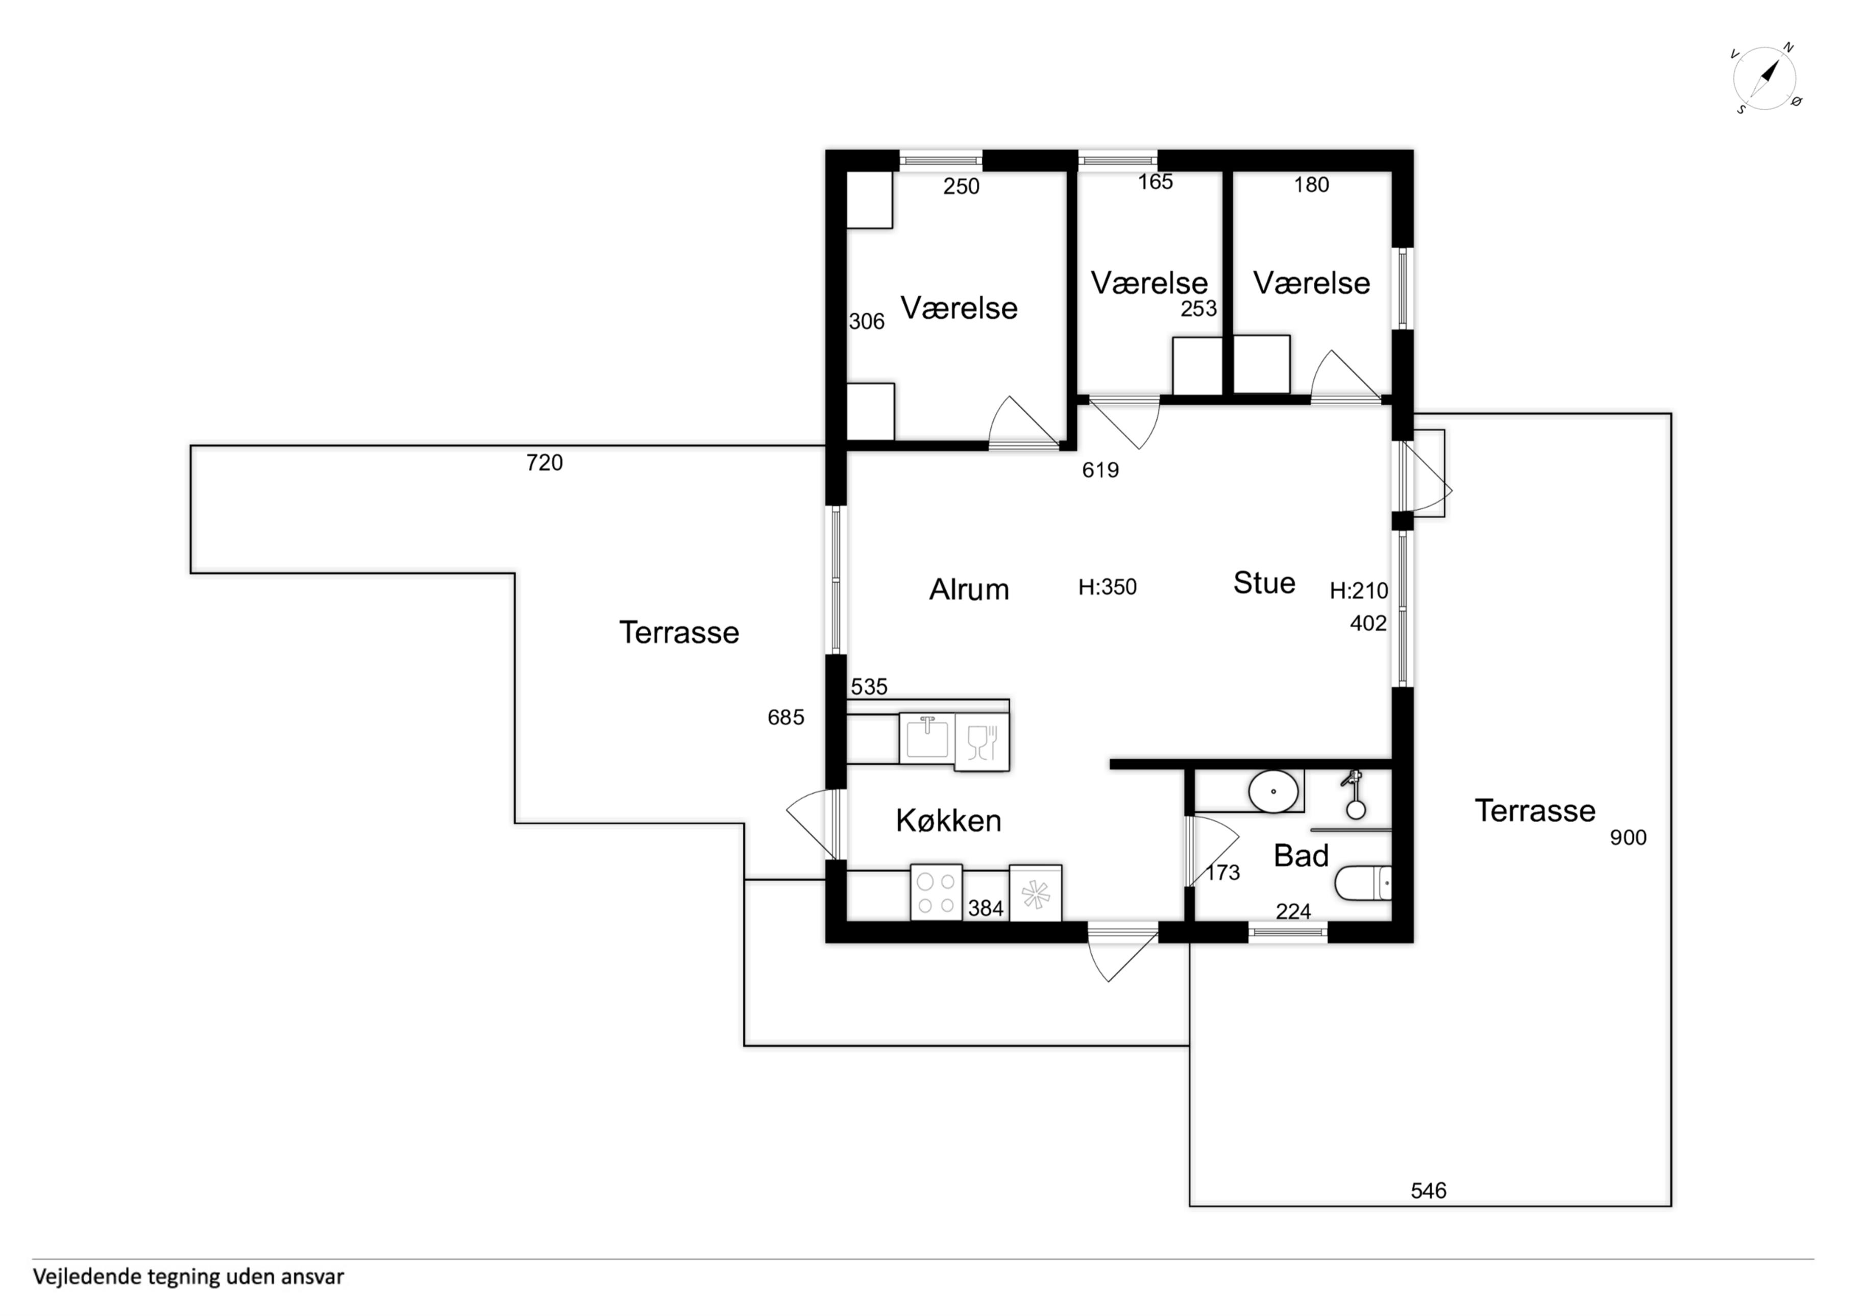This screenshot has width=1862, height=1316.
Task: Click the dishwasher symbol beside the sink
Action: pos(982,742)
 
